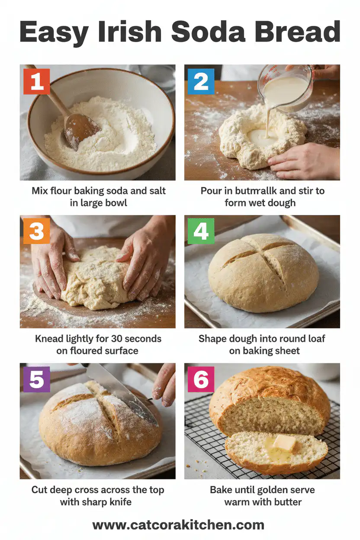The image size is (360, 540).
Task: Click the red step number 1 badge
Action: point(37,81)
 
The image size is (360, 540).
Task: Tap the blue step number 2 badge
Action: point(201,81)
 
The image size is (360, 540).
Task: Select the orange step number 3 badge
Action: point(37,231)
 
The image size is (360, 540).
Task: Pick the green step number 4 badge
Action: point(201,231)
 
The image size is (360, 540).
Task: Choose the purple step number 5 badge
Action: point(37,379)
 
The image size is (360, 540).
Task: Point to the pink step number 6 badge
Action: point(201,379)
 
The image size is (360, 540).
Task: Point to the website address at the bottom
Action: point(178,525)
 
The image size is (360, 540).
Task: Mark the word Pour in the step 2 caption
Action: point(212,190)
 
